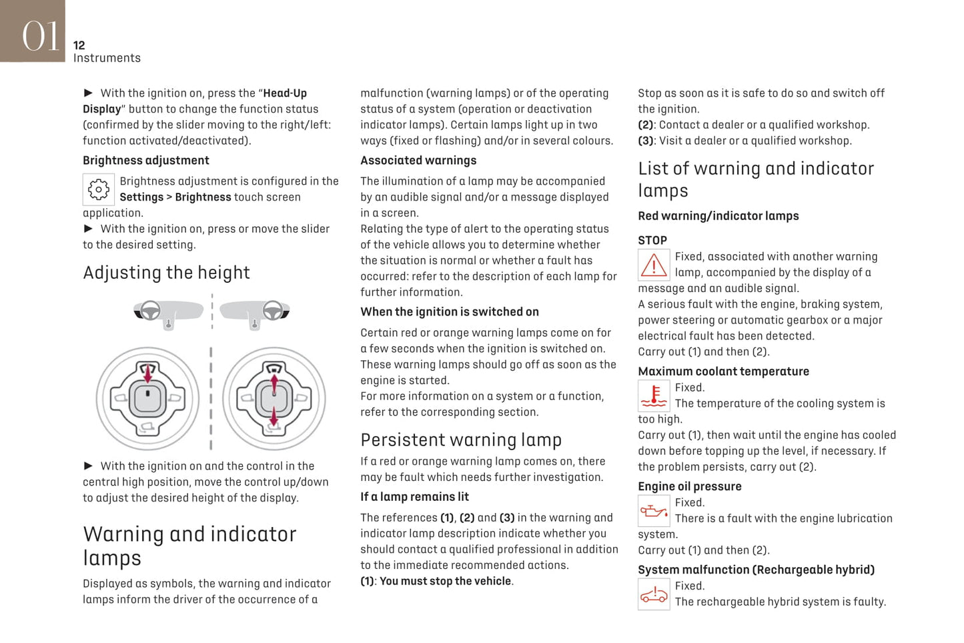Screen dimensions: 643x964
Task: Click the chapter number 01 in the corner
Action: (40, 35)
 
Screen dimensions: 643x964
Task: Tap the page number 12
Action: (79, 45)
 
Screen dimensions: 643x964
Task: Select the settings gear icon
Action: (99, 189)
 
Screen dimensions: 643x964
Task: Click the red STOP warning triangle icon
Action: (654, 265)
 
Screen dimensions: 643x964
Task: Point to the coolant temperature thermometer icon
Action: (654, 396)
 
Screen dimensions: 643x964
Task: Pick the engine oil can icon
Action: (654, 512)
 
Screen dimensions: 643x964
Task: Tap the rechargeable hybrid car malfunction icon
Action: (654, 594)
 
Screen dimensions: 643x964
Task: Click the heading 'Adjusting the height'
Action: (166, 273)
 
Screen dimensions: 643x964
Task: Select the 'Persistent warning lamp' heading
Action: (461, 440)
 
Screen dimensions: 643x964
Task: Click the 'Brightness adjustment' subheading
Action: (145, 161)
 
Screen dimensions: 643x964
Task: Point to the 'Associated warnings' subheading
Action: (418, 161)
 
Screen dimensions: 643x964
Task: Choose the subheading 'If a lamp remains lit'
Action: (414, 497)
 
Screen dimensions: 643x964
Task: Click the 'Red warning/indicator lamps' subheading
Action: (718, 216)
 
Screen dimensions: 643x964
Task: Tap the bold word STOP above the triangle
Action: (652, 241)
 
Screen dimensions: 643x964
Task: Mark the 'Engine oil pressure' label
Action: (689, 487)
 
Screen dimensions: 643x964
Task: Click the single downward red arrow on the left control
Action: (148, 373)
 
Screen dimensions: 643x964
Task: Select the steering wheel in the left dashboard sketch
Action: (150, 309)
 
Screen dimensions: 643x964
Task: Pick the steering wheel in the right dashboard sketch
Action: (272, 309)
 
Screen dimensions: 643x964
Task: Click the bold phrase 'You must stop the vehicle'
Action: (445, 582)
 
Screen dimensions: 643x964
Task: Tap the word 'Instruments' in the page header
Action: (107, 58)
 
